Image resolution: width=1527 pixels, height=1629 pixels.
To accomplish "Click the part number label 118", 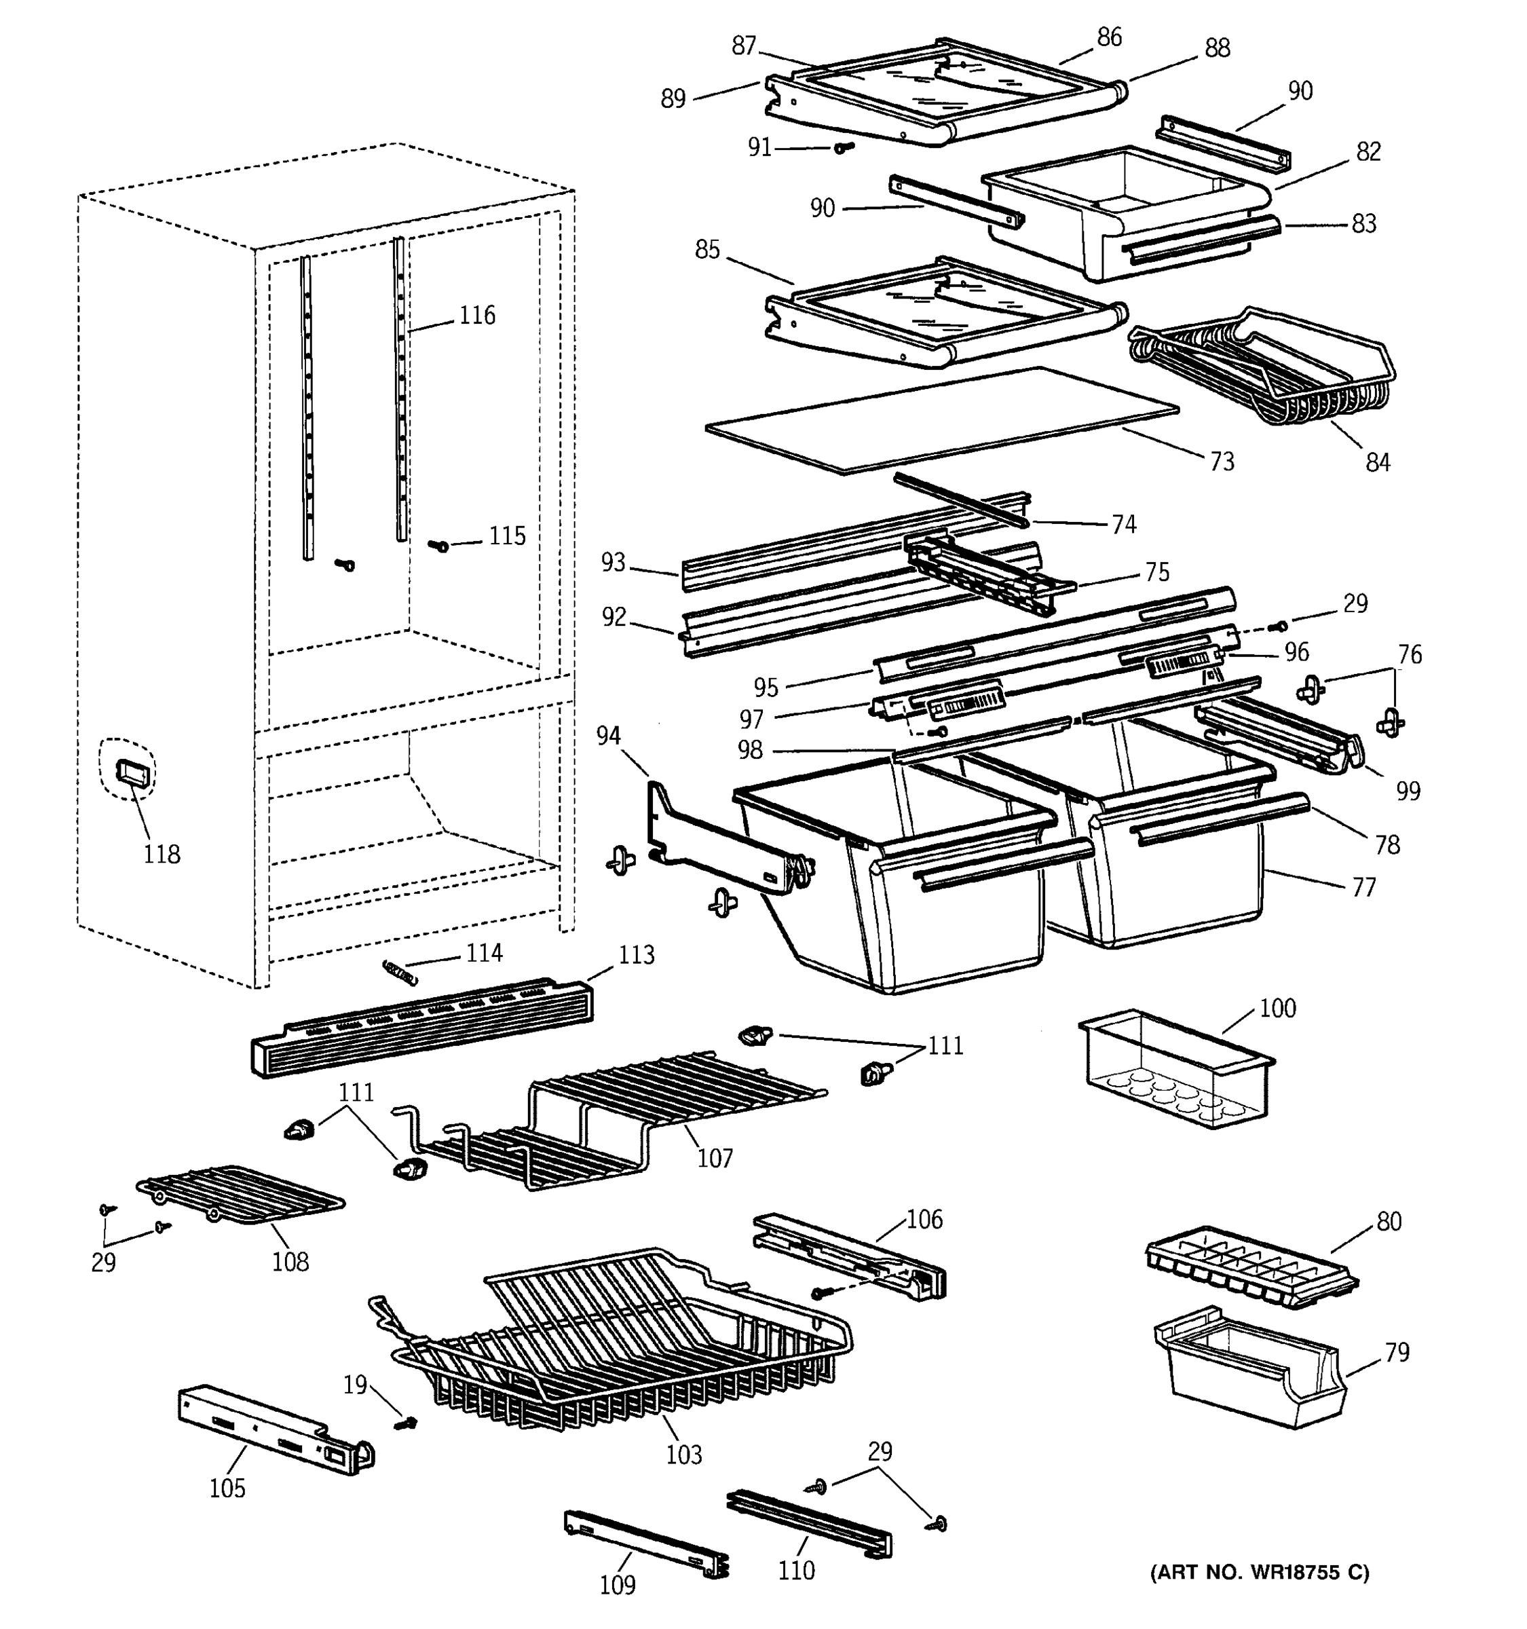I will tap(162, 854).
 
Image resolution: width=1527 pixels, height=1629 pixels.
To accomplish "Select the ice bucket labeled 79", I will tap(1249, 1380).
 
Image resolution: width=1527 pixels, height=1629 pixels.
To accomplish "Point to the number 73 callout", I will tap(1222, 462).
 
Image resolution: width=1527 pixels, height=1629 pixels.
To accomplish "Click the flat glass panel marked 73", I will tap(942, 419).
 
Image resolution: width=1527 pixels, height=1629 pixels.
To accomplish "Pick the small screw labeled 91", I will tap(844, 147).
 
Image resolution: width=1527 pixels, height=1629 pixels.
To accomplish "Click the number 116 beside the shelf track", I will tap(477, 315).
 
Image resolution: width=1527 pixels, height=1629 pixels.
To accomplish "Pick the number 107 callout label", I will tap(715, 1158).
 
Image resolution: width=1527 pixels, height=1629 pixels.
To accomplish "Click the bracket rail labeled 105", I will tap(274, 1430).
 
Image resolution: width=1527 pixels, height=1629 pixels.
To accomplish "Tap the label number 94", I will tap(608, 736).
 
